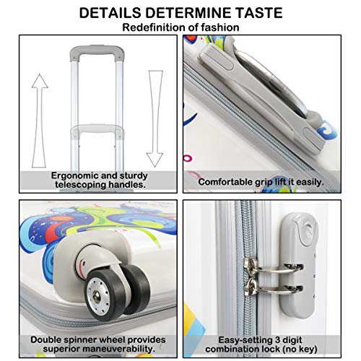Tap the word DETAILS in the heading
[x=110, y=13]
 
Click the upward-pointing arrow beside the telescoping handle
[x=40, y=121]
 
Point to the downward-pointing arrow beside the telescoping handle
[x=155, y=118]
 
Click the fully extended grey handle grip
[x=97, y=51]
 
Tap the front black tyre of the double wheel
[x=105, y=295]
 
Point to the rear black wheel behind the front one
[x=136, y=287]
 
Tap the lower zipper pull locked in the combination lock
[x=273, y=287]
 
